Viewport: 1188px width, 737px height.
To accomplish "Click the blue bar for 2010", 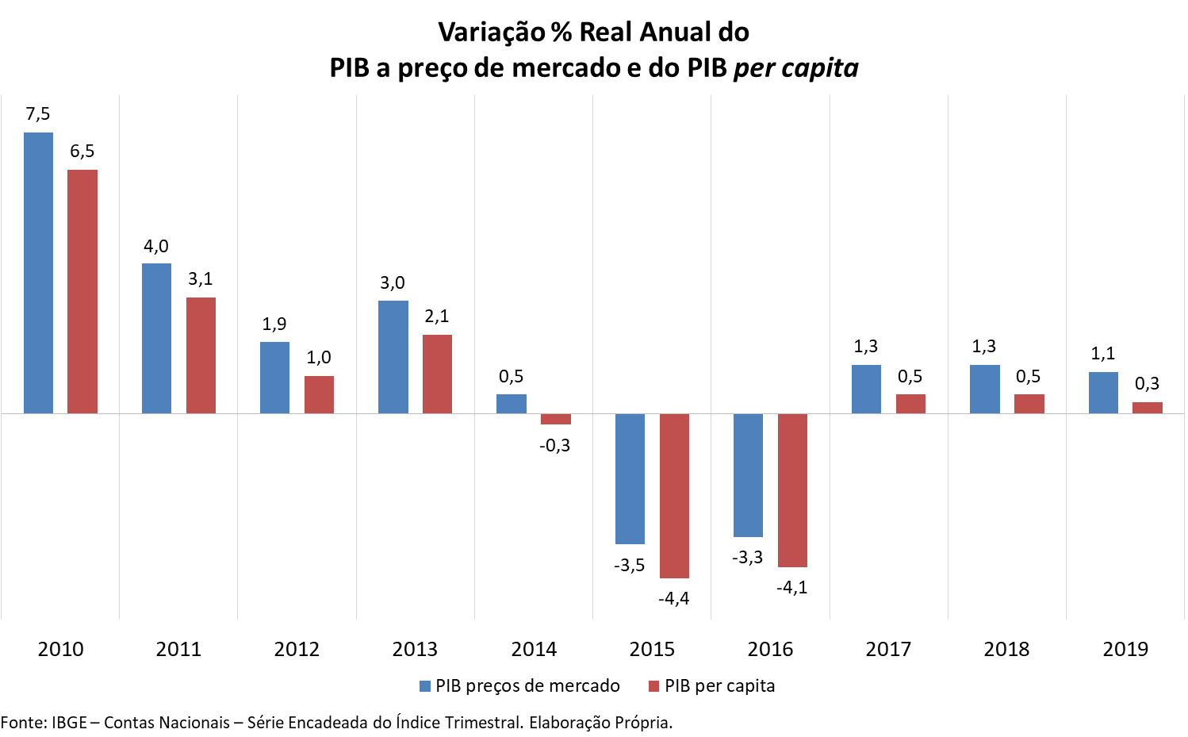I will pos(38,273).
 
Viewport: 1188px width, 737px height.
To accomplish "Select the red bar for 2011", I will pos(201,355).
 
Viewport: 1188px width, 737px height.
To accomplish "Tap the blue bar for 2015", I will pos(630,478).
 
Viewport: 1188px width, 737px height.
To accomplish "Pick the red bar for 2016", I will pos(792,490).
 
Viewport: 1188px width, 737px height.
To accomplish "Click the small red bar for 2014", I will pos(555,419).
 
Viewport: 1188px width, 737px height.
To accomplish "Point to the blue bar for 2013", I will pos(393,357).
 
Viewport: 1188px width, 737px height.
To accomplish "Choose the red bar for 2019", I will pos(1147,408).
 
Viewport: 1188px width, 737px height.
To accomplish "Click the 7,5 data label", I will pos(37,114).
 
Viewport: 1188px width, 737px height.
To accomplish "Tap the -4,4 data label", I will pos(673,599).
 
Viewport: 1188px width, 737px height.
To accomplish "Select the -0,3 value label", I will pos(554,446).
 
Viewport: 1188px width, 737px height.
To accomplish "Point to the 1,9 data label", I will pos(274,324).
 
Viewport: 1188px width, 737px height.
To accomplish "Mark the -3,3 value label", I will pos(747,558).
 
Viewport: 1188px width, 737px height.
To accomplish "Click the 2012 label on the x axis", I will pos(297,650).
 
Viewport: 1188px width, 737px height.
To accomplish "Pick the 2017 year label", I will pos(888,650).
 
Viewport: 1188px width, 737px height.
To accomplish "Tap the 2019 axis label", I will pos(1125,650).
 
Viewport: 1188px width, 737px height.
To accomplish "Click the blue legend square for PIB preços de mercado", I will pos(425,686).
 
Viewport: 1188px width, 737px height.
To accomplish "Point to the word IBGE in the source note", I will pos(69,723).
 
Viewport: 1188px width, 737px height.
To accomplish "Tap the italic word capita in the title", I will pos(819,68).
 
